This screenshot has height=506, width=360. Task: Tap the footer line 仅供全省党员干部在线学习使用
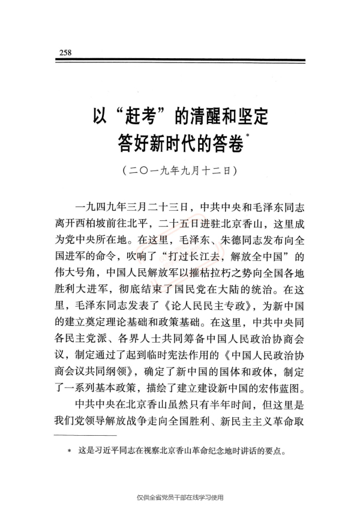pos(180,496)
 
